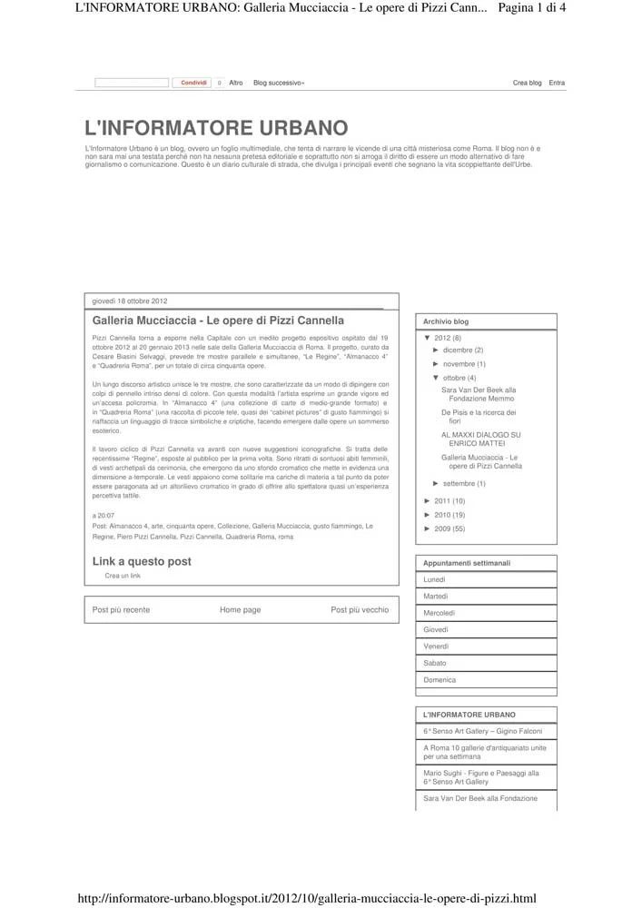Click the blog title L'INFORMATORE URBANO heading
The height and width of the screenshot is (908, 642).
tap(215, 128)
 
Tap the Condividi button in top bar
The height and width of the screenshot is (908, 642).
tap(194, 83)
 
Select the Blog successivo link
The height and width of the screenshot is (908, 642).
tap(279, 83)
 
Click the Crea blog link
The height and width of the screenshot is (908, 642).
tap(527, 83)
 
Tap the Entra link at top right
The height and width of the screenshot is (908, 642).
tap(557, 83)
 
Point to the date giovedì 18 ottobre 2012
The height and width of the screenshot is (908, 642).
tap(130, 301)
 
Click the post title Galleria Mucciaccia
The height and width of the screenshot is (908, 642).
tap(218, 321)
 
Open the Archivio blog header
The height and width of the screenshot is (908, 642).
tap(446, 321)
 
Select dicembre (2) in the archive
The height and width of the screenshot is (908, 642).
tap(463, 350)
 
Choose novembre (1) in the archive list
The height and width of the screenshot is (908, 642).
tap(464, 364)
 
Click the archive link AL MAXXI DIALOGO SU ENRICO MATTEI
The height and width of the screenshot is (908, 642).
tap(480, 439)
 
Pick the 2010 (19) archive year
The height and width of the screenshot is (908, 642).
tap(449, 515)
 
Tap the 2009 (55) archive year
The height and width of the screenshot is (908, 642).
tap(449, 528)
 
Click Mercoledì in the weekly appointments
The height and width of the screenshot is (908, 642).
tap(440, 613)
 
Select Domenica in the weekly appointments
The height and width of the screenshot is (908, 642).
tap(440, 679)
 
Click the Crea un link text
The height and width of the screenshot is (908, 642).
tap(123, 576)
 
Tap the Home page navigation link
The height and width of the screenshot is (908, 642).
tap(240, 610)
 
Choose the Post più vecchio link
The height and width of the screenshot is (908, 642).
tap(359, 610)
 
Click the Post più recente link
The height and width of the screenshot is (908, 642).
tap(121, 610)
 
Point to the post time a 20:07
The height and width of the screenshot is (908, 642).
tap(104, 515)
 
